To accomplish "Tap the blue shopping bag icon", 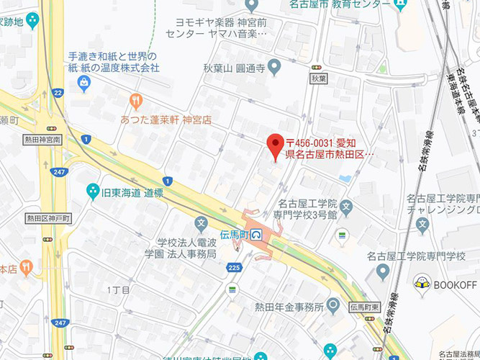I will coord(85,86).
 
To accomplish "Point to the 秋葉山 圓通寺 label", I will coord(235,68).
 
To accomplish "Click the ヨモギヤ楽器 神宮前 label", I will coord(215,27).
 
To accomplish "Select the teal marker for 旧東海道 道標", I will coord(92,192).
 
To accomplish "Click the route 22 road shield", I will coord(58,92).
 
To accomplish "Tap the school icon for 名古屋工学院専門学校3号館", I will coord(345,207).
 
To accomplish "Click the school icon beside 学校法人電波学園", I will coord(201,223).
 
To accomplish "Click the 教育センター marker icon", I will coord(402,4).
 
